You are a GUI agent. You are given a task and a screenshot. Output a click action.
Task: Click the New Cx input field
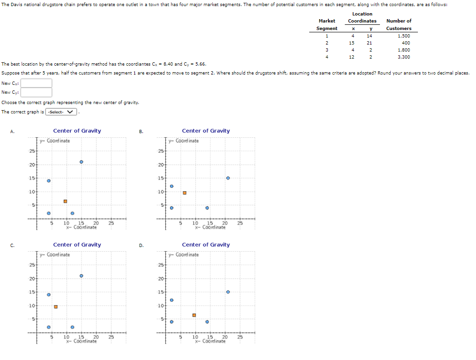(x=36, y=83)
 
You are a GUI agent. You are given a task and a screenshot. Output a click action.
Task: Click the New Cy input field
(x=36, y=92)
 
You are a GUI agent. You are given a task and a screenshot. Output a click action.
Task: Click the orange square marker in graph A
(x=66, y=202)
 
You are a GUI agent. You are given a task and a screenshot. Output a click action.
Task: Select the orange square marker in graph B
(x=185, y=193)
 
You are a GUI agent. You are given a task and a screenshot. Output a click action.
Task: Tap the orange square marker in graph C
(x=56, y=307)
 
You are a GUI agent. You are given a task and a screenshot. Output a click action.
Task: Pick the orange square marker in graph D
(x=194, y=315)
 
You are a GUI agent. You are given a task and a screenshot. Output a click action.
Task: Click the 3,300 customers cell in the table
(x=403, y=57)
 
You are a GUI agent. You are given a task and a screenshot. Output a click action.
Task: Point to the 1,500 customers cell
(x=403, y=36)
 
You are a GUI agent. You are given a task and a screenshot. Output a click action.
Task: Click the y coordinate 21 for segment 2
(x=370, y=43)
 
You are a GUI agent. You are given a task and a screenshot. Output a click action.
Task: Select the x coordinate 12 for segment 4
(x=352, y=57)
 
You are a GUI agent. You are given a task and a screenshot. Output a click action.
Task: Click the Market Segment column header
(x=327, y=24)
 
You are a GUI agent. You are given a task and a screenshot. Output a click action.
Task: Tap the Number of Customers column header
(x=399, y=24)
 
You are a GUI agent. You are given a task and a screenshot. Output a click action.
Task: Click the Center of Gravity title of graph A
(x=77, y=131)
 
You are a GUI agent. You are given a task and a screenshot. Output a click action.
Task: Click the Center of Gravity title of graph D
(x=206, y=245)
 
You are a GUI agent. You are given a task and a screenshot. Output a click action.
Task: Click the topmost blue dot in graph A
(x=82, y=162)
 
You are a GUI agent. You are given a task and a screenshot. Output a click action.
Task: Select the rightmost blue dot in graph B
(x=228, y=178)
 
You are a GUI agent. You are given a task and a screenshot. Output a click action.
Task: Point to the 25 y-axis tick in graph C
(x=31, y=265)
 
